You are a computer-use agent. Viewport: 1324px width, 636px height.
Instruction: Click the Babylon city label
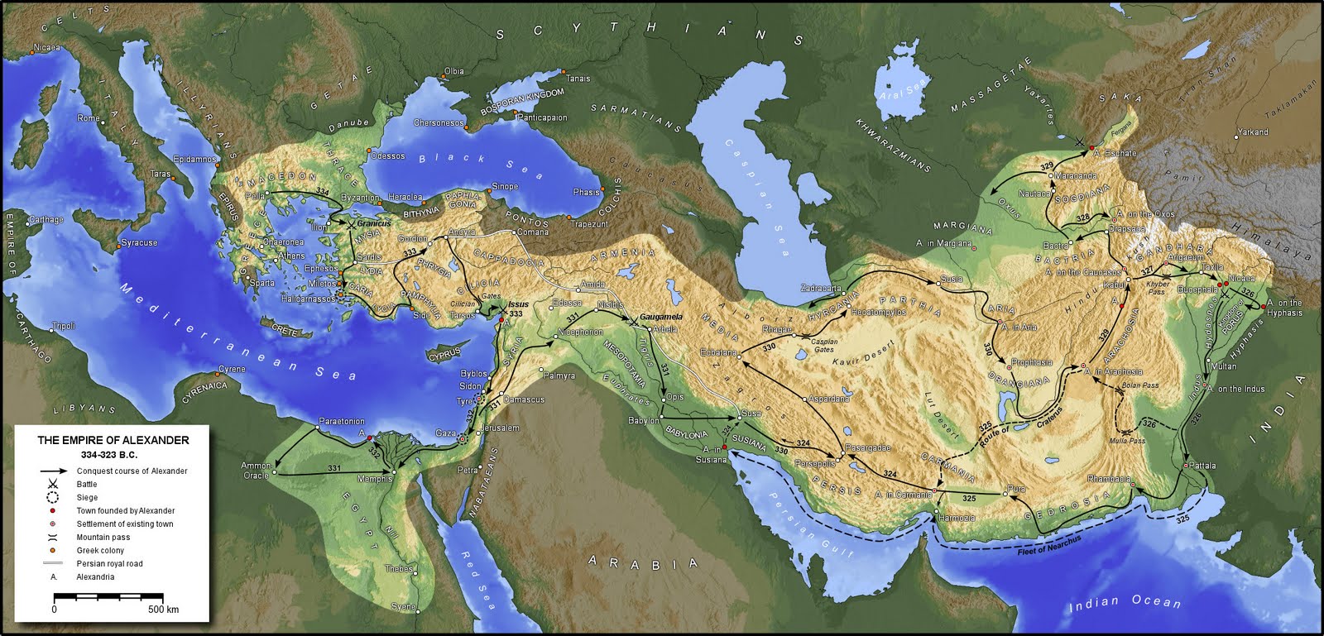point(644,421)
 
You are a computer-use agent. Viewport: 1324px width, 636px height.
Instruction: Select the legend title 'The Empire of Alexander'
point(113,440)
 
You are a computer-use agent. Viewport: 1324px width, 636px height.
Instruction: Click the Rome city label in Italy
point(88,118)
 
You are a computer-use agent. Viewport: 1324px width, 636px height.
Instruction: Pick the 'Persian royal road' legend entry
point(109,563)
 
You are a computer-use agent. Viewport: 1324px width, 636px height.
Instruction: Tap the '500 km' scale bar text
point(163,610)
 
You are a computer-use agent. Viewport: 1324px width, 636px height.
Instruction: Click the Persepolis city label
point(814,464)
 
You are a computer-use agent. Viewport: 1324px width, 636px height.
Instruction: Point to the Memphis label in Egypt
point(374,479)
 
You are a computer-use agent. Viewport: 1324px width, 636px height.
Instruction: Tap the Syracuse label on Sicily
point(138,243)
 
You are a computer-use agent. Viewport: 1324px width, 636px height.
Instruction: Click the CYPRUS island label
point(444,356)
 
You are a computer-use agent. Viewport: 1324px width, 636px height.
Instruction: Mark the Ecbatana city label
point(717,353)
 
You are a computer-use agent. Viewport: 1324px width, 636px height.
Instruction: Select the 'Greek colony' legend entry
point(100,550)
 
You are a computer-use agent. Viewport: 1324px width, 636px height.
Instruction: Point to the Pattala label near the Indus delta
point(1203,466)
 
